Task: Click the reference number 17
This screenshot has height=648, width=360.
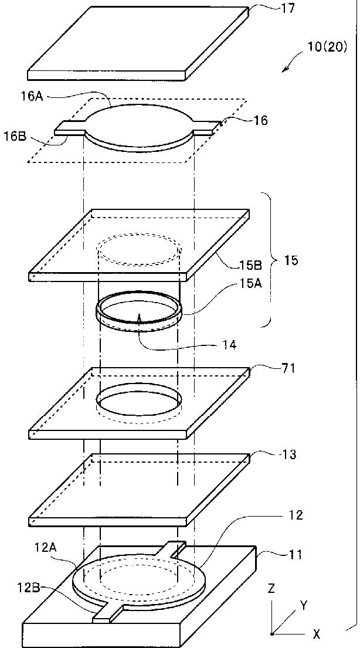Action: tap(288, 9)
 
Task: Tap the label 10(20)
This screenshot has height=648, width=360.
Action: tap(327, 47)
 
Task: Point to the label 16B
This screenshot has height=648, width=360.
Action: tap(15, 137)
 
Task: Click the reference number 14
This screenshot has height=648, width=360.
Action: tap(229, 345)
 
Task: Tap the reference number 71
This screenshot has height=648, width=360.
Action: tap(288, 368)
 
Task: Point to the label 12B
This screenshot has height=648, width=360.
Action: tap(29, 587)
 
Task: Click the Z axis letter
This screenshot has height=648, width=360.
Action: tap(271, 589)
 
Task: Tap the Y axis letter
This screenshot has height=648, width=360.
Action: tap(304, 606)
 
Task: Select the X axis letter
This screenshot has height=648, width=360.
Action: tap(316, 633)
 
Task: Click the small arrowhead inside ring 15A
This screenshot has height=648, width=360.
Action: tap(140, 317)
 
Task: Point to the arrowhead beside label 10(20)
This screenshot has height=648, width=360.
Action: tap(285, 69)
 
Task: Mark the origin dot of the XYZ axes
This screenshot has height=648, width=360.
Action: tap(271, 633)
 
